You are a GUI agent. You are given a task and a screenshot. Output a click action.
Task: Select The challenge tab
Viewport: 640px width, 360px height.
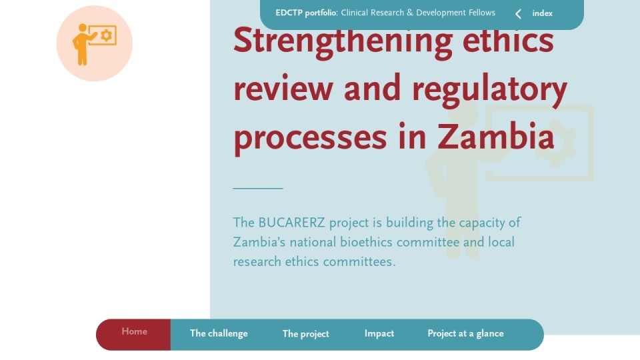(219, 334)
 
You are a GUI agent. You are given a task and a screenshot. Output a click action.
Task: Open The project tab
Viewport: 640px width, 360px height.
(306, 334)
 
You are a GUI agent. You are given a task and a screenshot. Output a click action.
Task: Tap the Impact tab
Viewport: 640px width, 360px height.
(379, 334)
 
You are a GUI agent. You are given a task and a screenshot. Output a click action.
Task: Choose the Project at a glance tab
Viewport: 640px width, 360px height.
(465, 334)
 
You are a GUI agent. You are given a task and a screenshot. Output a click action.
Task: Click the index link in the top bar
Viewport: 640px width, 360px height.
(543, 13)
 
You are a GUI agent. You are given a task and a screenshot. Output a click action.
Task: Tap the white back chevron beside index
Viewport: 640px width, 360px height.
(518, 14)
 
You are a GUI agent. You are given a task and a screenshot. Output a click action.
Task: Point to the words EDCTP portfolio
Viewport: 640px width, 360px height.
(306, 13)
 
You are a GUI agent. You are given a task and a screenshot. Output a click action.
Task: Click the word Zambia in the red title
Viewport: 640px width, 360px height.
(496, 136)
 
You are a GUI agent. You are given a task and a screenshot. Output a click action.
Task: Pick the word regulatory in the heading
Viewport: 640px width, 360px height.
(490, 90)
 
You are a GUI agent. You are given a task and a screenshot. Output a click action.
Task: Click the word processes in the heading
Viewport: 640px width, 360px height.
(310, 139)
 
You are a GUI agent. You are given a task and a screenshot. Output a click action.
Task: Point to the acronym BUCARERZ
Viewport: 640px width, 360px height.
(291, 223)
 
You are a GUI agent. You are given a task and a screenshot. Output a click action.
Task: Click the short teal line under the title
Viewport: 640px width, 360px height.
(258, 188)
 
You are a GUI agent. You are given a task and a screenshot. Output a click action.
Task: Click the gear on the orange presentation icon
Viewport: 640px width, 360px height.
(107, 35)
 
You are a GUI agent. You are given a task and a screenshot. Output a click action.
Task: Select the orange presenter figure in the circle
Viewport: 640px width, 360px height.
(83, 44)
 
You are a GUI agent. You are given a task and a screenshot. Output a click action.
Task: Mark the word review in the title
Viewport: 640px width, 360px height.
(283, 88)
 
